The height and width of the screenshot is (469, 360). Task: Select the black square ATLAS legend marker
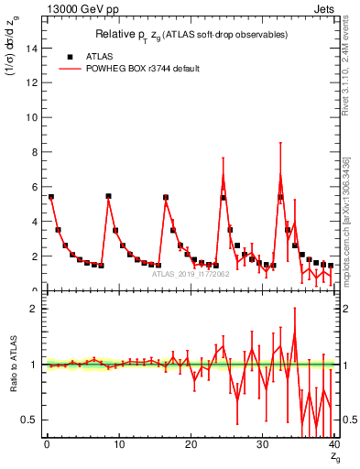70,56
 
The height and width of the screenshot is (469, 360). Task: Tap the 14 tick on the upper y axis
34,49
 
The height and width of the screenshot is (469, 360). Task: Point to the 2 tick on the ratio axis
34,309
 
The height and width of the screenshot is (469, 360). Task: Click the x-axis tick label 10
118,445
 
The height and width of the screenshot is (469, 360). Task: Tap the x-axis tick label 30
262,445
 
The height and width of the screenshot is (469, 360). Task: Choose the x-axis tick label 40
333,445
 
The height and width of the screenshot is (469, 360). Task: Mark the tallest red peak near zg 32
280,176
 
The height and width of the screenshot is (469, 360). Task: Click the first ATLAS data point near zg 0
51,197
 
